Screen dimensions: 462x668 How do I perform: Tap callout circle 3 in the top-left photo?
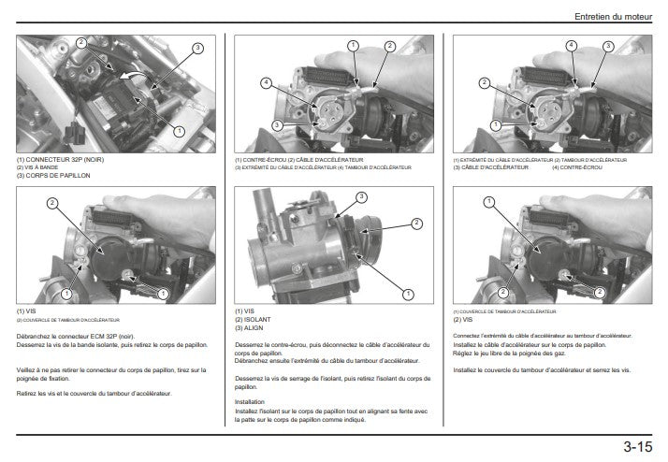coord(197,48)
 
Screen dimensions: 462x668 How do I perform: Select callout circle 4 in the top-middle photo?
coord(266,83)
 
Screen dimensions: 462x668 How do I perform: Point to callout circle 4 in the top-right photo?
coord(571,45)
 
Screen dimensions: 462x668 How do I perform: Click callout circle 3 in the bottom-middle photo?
coord(361,197)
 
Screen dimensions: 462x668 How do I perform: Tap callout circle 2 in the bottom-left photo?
coord(51,203)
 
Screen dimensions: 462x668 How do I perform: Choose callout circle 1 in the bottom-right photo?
coord(487,202)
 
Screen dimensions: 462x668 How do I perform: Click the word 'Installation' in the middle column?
coord(251,401)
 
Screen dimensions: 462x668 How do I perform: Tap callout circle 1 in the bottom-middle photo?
coord(409,294)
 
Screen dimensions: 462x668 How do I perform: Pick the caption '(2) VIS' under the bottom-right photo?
coord(462,320)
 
